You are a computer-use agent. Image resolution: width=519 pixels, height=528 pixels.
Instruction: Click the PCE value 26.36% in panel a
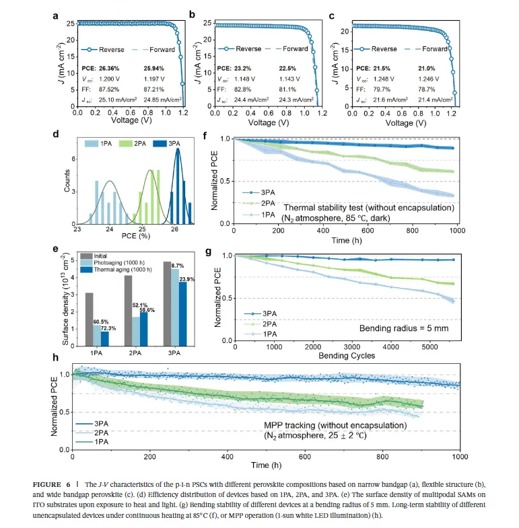point(113,68)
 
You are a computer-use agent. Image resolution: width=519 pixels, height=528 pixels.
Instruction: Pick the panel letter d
point(56,133)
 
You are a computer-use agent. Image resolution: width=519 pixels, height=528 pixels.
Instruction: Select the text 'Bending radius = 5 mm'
point(397,328)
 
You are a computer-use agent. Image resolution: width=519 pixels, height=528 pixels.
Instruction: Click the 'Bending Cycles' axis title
point(346,356)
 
